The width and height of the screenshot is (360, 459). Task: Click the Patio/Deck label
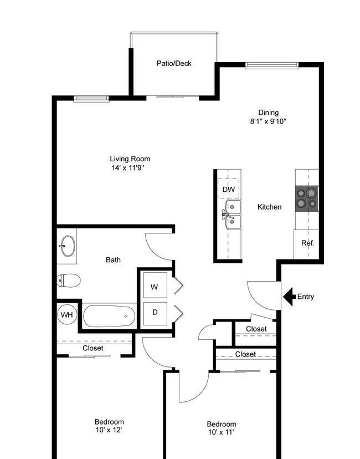pos(174,64)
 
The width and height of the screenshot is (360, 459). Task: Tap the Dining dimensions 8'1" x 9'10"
pos(268,121)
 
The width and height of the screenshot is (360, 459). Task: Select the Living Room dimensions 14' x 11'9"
pos(128,168)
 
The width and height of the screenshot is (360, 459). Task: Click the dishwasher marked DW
pos(229,189)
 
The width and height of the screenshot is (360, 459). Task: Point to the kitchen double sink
pos(233,215)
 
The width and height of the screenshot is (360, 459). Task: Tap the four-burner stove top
pos(307,198)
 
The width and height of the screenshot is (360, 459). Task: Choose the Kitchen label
pos(270,207)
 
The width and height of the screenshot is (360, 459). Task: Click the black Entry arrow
pos(289,297)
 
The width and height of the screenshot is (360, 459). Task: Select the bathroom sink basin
pos(68,246)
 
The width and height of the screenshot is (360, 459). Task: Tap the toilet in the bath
pos(69,280)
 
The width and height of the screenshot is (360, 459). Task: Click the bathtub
pos(109,316)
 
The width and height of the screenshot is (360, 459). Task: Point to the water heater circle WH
pos(67,314)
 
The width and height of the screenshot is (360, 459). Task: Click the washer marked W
pos(155,287)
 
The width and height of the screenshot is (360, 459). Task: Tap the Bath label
pos(113,260)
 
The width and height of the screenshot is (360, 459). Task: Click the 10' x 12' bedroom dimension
pos(109,430)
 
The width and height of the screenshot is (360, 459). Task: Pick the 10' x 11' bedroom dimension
pos(221,432)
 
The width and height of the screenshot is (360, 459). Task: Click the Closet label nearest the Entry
pos(256,329)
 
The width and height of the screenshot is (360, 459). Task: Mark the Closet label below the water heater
pos(92,348)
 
